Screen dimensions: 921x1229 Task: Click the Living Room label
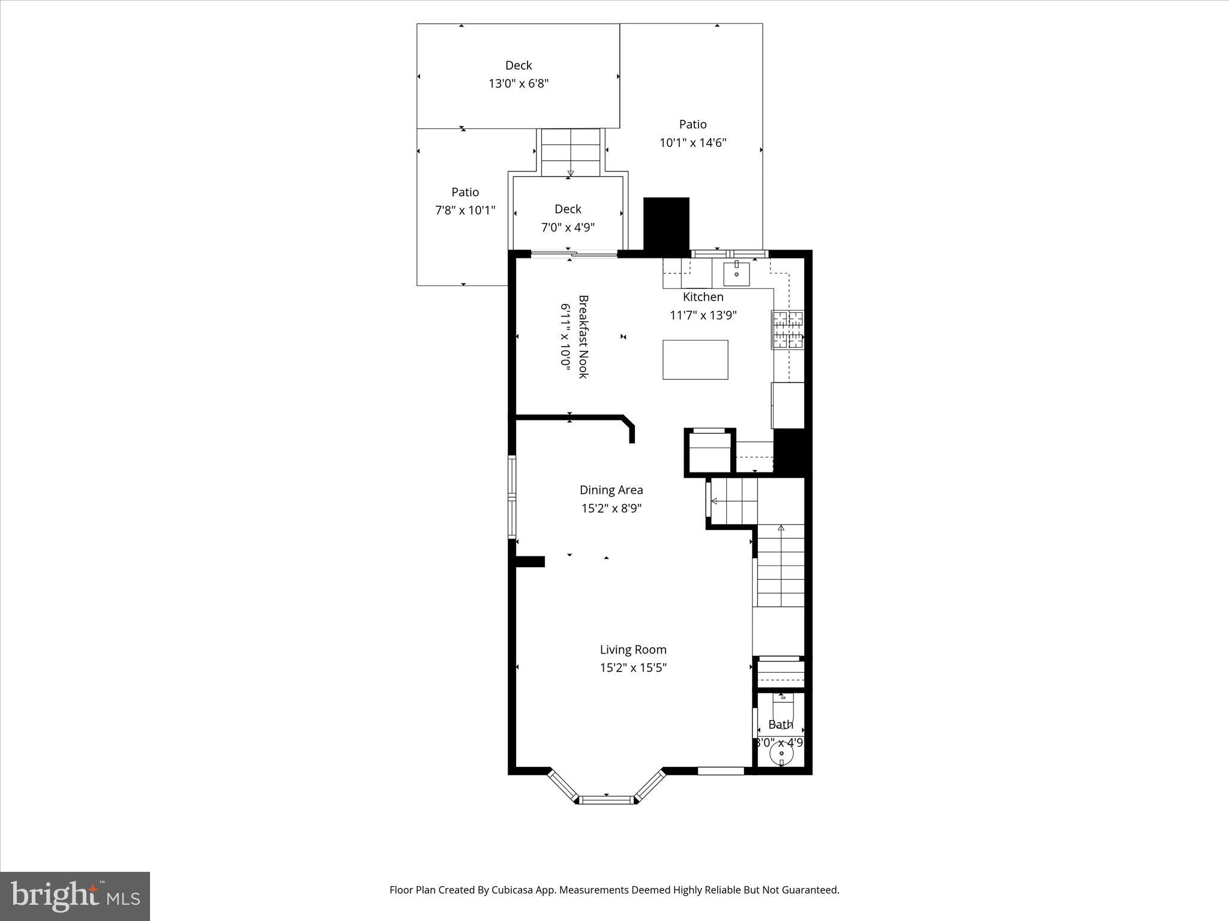(x=633, y=649)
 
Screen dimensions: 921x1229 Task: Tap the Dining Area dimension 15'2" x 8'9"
(x=611, y=508)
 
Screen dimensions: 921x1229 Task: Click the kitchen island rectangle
(x=695, y=360)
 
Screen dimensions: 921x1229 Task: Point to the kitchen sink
(x=736, y=273)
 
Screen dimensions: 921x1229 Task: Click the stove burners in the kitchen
(x=787, y=330)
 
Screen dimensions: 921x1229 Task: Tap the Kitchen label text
(x=703, y=297)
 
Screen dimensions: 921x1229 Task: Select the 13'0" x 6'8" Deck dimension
(x=518, y=83)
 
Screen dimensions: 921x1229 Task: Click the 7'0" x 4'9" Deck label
(x=568, y=218)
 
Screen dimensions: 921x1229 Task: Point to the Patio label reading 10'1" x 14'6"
(x=693, y=134)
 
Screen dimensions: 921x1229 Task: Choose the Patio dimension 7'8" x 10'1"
(x=465, y=210)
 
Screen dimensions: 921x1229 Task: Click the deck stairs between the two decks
(x=570, y=152)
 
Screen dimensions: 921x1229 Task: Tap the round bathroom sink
(x=781, y=753)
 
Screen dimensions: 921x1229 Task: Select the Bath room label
(x=780, y=724)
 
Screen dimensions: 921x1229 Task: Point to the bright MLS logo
(x=75, y=896)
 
